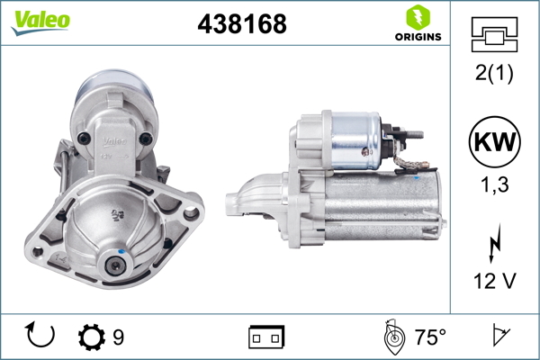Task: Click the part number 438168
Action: tap(241, 24)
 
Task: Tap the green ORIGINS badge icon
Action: tap(417, 17)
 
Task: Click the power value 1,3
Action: tap(495, 186)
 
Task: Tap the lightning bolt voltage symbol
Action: tap(495, 244)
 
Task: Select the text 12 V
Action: tap(495, 282)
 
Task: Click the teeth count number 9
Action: tap(118, 337)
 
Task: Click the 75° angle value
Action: tap(430, 337)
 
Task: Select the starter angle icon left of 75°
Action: tap(392, 337)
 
